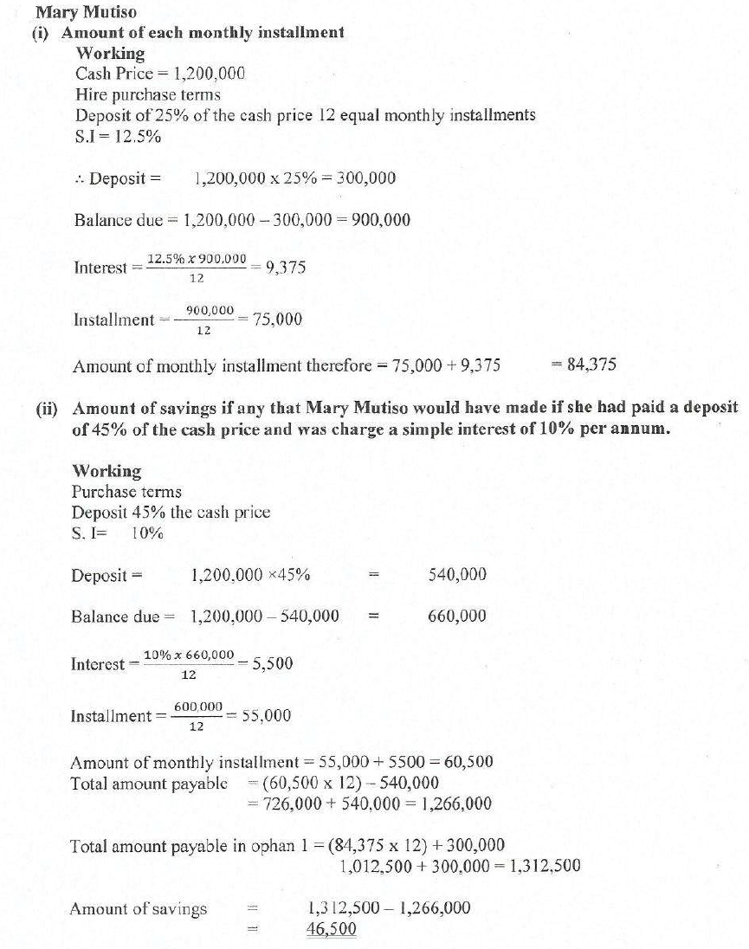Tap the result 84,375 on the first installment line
591,365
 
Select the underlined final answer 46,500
331,928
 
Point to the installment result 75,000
277,320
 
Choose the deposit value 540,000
457,575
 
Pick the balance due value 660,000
457,617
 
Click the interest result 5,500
272,664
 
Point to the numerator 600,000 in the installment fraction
197,707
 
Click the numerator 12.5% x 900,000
197,259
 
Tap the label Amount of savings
139,908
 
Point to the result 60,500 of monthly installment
468,762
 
